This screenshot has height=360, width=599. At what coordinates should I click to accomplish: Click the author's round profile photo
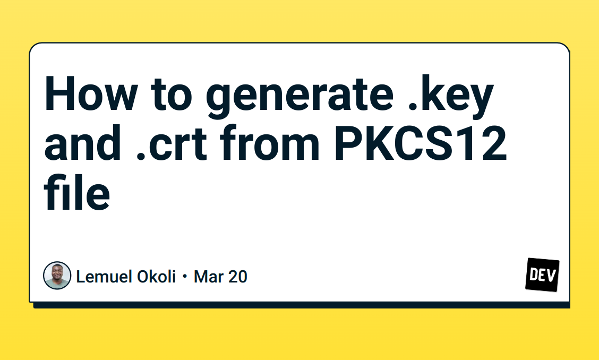(x=57, y=276)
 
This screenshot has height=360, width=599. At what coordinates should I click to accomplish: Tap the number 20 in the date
(x=238, y=277)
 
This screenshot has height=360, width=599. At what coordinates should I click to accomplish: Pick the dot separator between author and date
(x=184, y=277)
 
